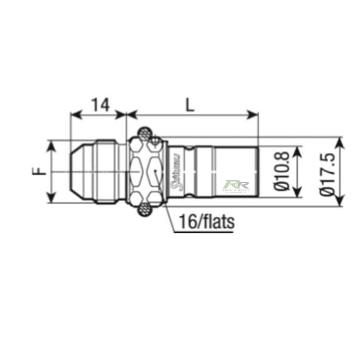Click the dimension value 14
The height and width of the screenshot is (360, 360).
(101, 104)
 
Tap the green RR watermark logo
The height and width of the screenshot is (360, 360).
(232, 186)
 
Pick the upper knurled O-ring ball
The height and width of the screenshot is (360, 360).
(145, 133)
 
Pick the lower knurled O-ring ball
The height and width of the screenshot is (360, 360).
(145, 209)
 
